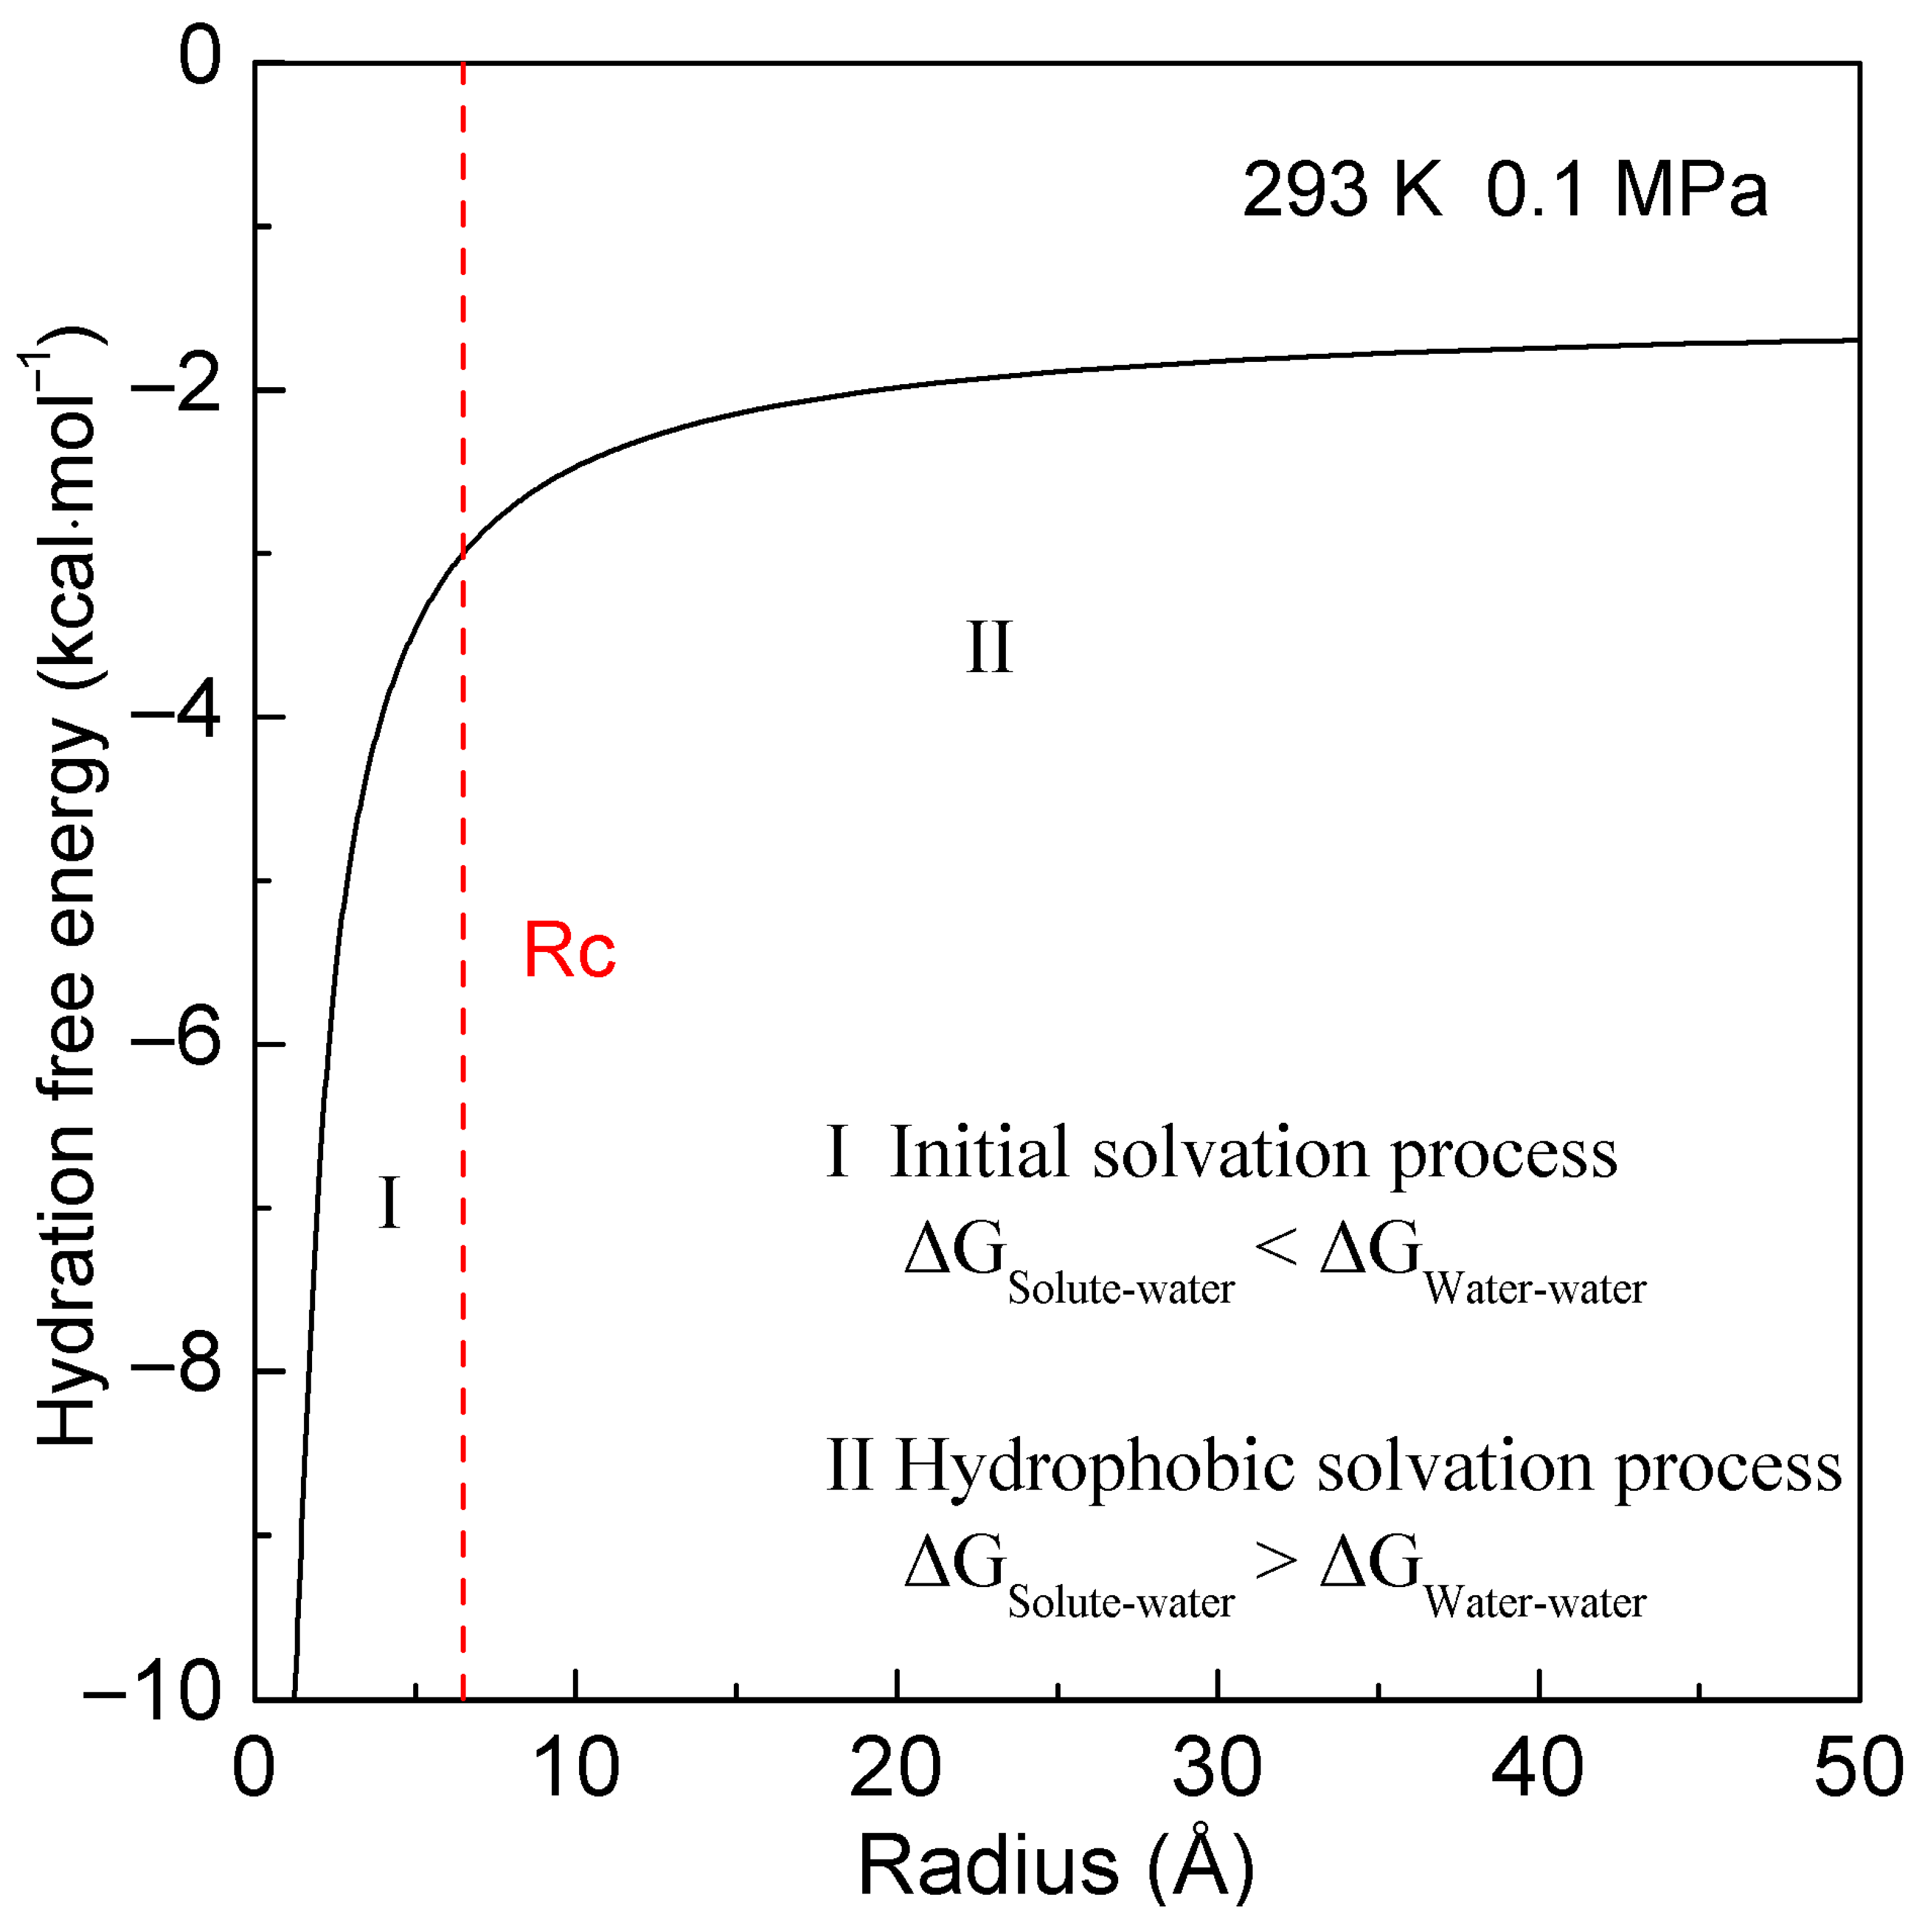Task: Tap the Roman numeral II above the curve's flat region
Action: tap(989, 648)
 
